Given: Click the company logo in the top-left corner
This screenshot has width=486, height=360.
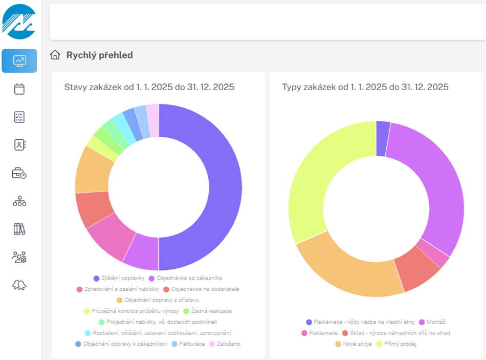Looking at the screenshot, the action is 19,22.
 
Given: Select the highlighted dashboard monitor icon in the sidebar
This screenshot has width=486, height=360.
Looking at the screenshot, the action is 19,61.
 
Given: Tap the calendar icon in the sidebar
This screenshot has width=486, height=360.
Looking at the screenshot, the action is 19,89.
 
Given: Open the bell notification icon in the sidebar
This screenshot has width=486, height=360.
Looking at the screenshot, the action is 19,285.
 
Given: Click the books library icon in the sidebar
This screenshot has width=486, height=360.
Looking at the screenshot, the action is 19,229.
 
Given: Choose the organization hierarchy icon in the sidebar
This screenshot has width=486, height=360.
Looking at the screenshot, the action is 19,201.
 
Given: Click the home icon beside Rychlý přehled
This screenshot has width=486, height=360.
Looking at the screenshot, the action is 55,55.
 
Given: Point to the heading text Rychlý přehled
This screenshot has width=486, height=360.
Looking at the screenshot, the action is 99,55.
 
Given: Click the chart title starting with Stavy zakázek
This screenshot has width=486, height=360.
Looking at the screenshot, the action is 149,87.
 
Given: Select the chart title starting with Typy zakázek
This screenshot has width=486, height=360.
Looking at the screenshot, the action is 365,87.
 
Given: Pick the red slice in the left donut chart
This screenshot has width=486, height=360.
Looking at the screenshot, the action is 93,208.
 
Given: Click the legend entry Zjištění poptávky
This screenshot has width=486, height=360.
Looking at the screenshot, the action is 119,278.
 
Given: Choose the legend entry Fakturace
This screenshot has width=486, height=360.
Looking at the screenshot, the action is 188,344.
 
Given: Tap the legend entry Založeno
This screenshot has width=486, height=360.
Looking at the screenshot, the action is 225,344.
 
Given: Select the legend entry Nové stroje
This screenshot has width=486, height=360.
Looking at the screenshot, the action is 354,344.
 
